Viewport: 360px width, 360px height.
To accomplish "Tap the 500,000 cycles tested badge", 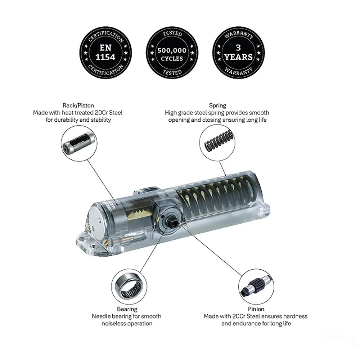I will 172,52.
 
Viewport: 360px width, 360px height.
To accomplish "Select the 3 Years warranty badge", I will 238,52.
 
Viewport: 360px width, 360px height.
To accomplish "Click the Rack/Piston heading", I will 78,105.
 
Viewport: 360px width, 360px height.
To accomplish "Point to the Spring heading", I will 217,105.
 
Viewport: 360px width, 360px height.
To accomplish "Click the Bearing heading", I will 127,309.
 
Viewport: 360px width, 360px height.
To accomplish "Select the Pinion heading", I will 256,309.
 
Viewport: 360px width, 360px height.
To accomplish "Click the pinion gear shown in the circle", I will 256,286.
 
